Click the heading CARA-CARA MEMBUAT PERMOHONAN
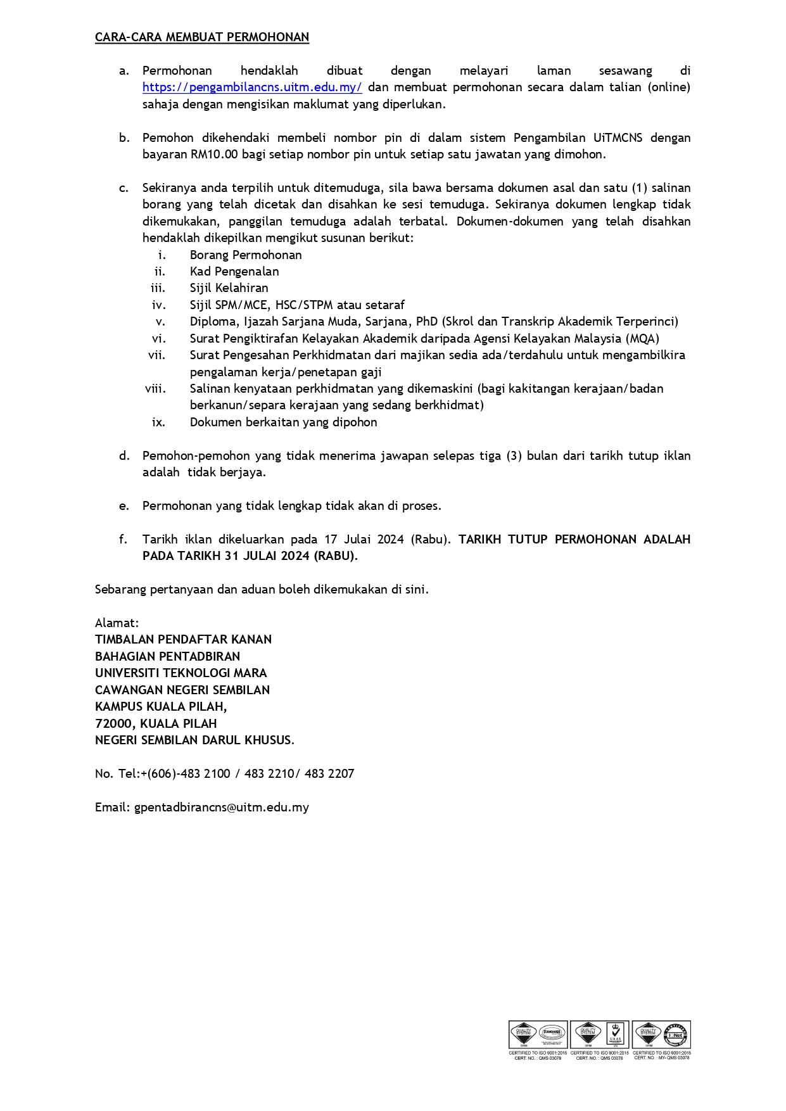point(202,37)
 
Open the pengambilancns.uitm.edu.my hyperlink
point(252,87)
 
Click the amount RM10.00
point(213,155)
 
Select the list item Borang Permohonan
point(246,255)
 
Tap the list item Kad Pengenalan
point(234,272)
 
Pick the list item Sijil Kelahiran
point(229,288)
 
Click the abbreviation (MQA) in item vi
point(642,339)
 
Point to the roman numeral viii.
point(155,389)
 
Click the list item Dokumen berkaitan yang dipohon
point(283,422)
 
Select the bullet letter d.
point(124,456)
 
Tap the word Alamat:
point(117,623)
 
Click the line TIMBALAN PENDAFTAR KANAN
point(183,640)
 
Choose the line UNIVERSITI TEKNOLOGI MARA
point(181,673)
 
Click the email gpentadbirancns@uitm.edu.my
point(221,808)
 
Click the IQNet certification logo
point(676,1034)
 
